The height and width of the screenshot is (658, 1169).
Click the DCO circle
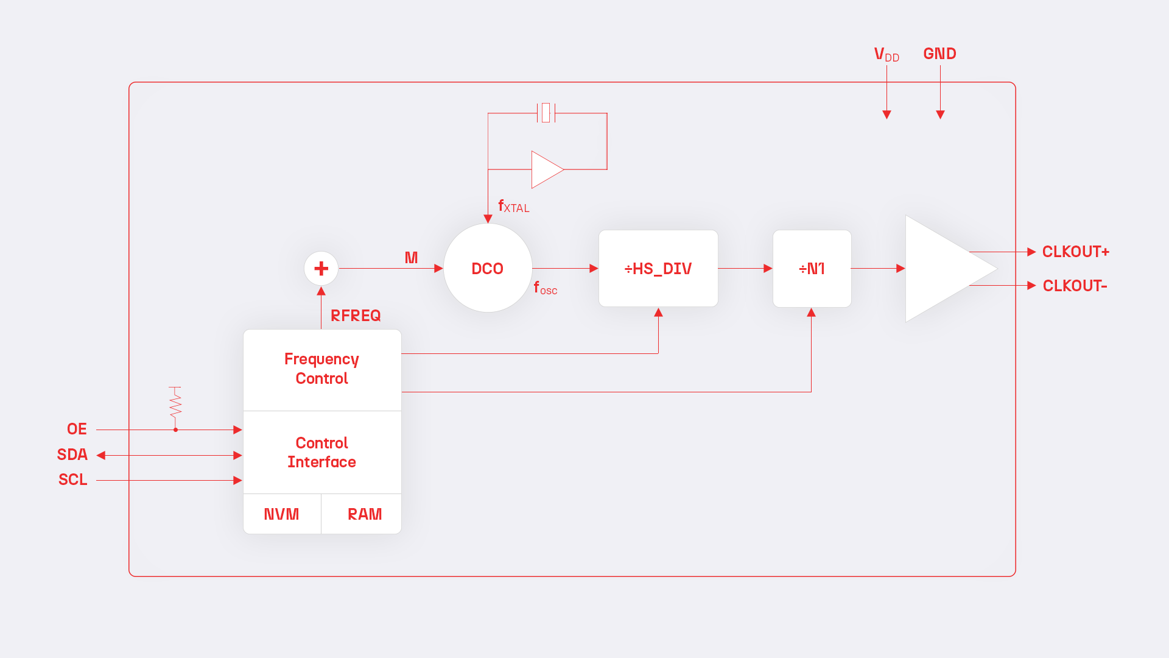pyautogui.click(x=487, y=268)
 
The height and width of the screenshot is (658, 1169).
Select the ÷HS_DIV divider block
pyautogui.click(x=658, y=268)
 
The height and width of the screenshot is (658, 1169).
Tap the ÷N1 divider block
pyautogui.click(x=812, y=268)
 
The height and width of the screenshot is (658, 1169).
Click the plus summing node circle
pyautogui.click(x=321, y=268)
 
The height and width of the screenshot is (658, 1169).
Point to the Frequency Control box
pyautogui.click(x=321, y=369)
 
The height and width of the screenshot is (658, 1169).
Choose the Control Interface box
pyautogui.click(x=321, y=452)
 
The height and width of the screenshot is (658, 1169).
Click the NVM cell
pyautogui.click(x=281, y=514)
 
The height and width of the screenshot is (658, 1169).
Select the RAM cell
pyautogui.click(x=364, y=514)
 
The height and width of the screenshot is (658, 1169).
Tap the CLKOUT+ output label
pyautogui.click(x=1075, y=252)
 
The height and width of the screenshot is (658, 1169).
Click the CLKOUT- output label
pyautogui.click(x=1075, y=286)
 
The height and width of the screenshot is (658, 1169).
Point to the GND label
pyautogui.click(x=939, y=54)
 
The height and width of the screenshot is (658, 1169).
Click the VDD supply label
pyautogui.click(x=886, y=54)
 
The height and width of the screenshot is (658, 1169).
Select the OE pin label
pyautogui.click(x=77, y=429)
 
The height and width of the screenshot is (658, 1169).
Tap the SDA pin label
pyautogui.click(x=72, y=455)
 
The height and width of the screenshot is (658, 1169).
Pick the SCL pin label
pyautogui.click(x=73, y=479)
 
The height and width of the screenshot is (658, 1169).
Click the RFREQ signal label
pyautogui.click(x=356, y=316)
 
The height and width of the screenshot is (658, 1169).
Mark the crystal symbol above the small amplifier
pyautogui.click(x=546, y=113)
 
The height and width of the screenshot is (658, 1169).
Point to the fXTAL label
pyautogui.click(x=513, y=206)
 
